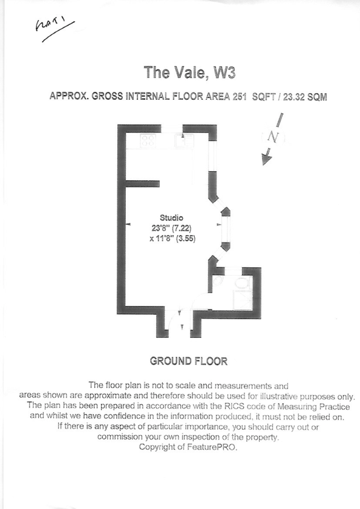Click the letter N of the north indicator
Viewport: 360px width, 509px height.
click(272, 138)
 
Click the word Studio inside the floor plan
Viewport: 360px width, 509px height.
click(171, 218)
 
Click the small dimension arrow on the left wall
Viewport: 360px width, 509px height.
click(129, 224)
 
